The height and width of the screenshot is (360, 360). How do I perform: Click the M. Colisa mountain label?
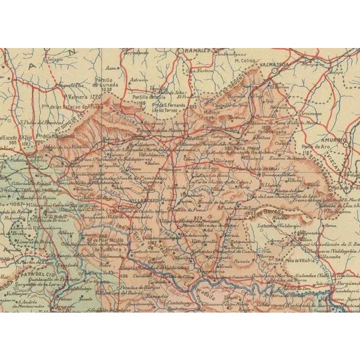pos(245,60)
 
